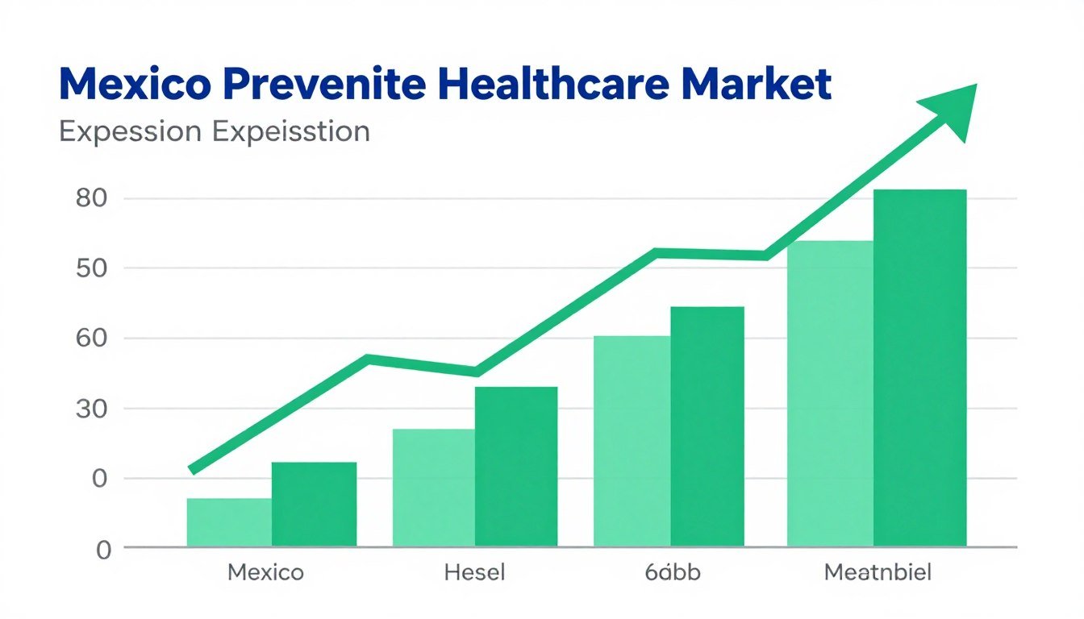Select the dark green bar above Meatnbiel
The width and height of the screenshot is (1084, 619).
coord(919,368)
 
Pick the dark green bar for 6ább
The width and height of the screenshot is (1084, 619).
coord(707,426)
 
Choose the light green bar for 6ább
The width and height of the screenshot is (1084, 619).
coord(632,441)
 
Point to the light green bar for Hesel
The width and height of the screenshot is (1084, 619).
coord(434,487)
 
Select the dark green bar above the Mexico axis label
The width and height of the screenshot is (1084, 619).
coord(314,504)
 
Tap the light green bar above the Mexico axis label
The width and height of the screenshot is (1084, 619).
coord(229,521)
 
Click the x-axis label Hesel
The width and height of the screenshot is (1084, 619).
coord(474,573)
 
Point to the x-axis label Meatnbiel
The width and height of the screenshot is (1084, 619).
coord(878,573)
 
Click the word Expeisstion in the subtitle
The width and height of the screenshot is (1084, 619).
coord(291,131)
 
